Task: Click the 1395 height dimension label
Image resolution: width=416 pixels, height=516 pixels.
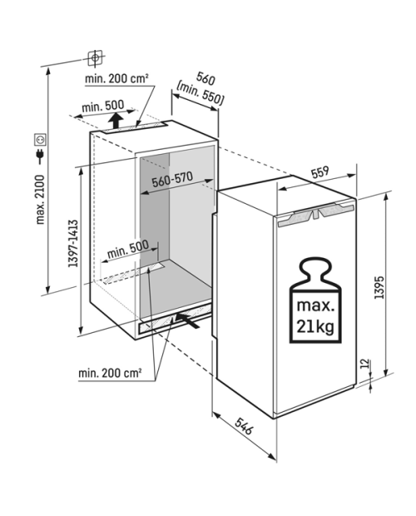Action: [x=379, y=286]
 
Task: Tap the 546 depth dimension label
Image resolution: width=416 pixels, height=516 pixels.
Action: [x=244, y=426]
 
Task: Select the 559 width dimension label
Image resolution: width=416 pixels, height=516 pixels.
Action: [x=320, y=172]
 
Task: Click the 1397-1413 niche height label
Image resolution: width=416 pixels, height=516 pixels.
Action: [x=73, y=243]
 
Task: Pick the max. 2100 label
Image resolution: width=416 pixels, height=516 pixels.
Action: [x=40, y=200]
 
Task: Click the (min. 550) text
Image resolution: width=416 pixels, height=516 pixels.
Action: [x=200, y=93]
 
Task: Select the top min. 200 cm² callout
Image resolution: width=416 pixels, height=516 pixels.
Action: [x=116, y=79]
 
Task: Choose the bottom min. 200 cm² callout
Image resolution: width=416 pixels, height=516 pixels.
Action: [x=110, y=373]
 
